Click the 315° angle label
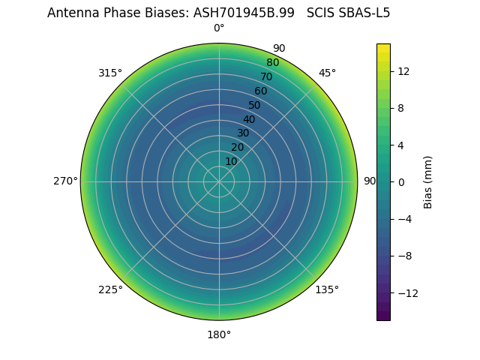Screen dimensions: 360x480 pos(110,73)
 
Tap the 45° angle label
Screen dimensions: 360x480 pos(327,73)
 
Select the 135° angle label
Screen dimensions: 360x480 pos(327,289)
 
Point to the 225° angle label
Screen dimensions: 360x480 pos(110,289)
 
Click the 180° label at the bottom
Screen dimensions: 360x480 pos(219,334)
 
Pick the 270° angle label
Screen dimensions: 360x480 pos(65,181)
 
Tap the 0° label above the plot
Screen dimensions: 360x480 pos(219,28)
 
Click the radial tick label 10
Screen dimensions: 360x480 pos(231,161)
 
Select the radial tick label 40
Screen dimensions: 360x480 pos(249,119)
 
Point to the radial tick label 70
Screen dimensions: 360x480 pos(266,76)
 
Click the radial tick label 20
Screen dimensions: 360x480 pos(237,147)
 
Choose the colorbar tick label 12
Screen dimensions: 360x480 pos(403,70)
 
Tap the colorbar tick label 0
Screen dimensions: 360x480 pos(401,181)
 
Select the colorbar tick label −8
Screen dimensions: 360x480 pos(403,256)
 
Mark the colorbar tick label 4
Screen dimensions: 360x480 pos(401,145)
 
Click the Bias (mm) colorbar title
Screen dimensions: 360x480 pos(428,181)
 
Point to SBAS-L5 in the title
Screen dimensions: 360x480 pos(367,13)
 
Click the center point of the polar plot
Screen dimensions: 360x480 pos(219,181)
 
